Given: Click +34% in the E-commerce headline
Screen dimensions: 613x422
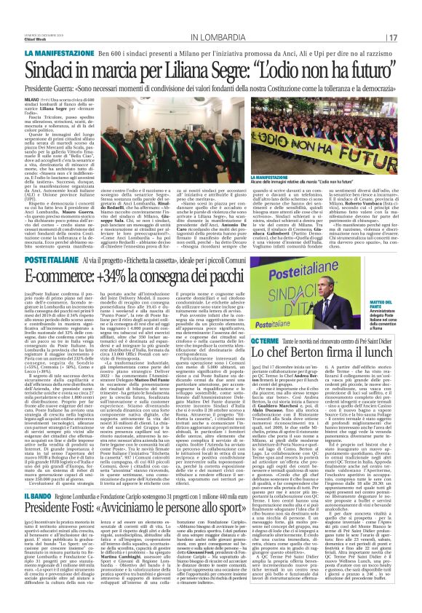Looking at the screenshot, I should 124,255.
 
